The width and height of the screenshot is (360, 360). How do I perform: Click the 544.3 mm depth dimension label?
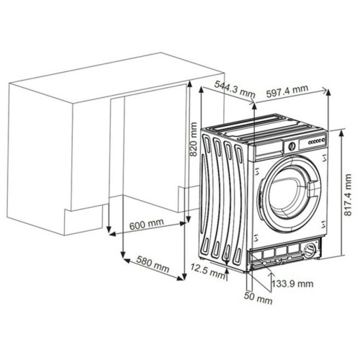pyautogui.click(x=234, y=88)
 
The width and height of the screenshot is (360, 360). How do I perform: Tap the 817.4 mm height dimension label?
pyautogui.click(x=348, y=195)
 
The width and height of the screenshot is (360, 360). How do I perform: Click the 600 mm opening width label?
pyautogui.click(x=147, y=224)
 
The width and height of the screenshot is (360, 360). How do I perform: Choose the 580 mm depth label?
pyautogui.click(x=153, y=264)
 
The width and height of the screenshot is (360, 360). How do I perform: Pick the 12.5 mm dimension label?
pyautogui.click(x=208, y=271)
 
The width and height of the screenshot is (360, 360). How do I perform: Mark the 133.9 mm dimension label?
pyautogui.click(x=292, y=284)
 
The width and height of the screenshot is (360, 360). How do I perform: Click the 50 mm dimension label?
pyautogui.click(x=258, y=298)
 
